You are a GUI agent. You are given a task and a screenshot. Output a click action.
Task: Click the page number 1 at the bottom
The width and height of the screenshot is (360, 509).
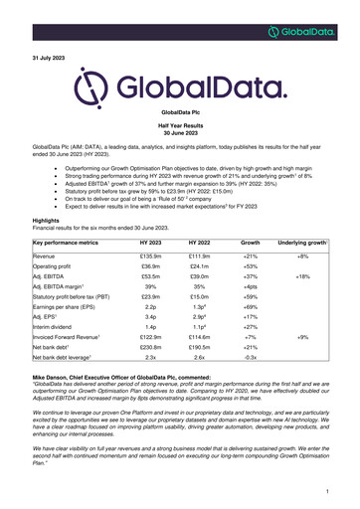(326, 490)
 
